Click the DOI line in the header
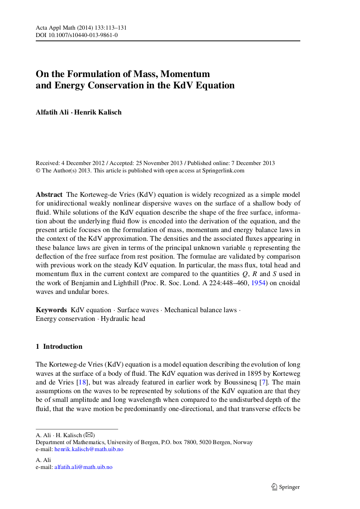point(76,35)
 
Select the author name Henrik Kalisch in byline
point(98,112)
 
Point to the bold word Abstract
point(49,194)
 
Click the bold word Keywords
point(51,310)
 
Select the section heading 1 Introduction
point(59,347)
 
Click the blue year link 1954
point(259,283)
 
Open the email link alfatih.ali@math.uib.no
point(83,467)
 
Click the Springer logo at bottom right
point(286,487)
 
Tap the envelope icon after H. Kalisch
point(89,435)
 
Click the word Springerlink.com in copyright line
point(223,171)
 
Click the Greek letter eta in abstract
point(249,248)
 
